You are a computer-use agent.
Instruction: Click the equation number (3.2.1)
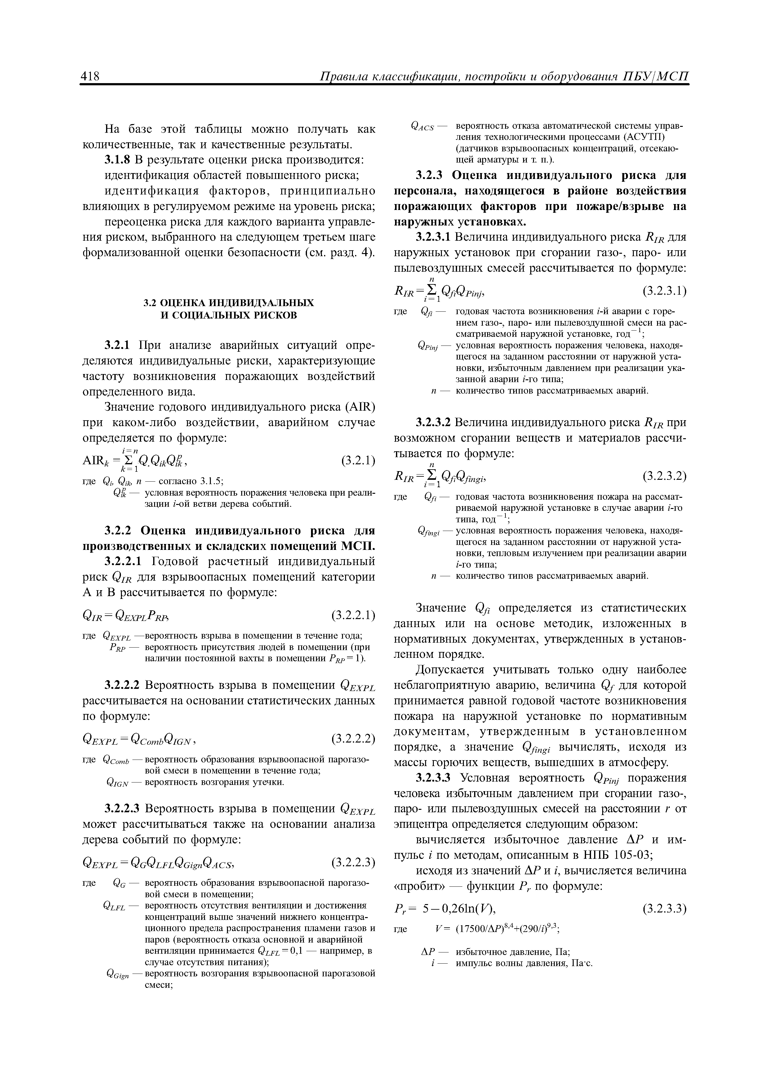pyautogui.click(x=358, y=461)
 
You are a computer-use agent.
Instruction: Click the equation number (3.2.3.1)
pyautogui.click(x=664, y=291)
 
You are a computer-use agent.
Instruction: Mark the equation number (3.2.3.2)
pyautogui.click(x=664, y=476)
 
